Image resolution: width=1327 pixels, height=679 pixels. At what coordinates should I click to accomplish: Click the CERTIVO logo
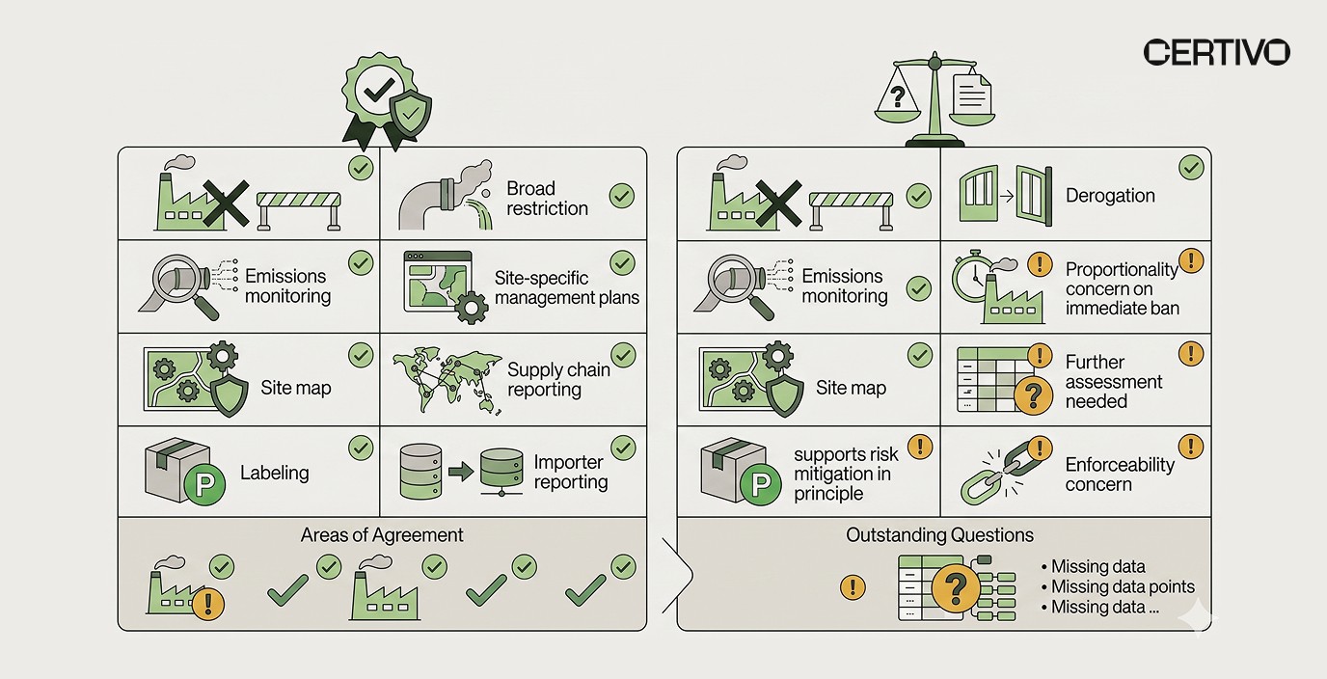pyautogui.click(x=1216, y=52)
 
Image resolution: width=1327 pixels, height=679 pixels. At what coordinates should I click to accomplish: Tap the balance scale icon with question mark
pyautogui.click(x=933, y=100)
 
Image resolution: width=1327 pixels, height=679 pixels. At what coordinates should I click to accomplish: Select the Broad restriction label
pyautogui.click(x=547, y=198)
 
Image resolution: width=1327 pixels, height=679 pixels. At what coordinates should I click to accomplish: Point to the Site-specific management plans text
pyautogui.click(x=566, y=287)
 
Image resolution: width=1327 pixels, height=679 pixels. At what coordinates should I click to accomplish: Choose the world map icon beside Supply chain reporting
pyautogui.click(x=447, y=380)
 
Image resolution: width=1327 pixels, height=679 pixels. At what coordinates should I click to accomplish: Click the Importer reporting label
pyautogui.click(x=570, y=473)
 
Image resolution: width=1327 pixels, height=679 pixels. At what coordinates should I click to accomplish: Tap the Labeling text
pyautogui.click(x=274, y=473)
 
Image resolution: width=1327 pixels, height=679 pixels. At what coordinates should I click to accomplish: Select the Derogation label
pyautogui.click(x=1109, y=196)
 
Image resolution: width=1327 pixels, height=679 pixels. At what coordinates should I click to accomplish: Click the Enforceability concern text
pyautogui.click(x=1120, y=474)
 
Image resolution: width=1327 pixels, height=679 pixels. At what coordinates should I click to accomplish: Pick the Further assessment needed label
pyautogui.click(x=1113, y=381)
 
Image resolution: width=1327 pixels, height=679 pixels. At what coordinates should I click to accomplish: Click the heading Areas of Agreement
pyautogui.click(x=382, y=534)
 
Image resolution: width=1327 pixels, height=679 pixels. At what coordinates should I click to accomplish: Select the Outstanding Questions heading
pyautogui.click(x=939, y=534)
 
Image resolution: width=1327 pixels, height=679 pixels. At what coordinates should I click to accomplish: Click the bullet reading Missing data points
pyautogui.click(x=1122, y=586)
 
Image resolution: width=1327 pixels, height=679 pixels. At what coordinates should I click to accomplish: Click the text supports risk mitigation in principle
pyautogui.click(x=846, y=474)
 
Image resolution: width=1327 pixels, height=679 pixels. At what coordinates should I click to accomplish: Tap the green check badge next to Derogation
pyautogui.click(x=1190, y=169)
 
